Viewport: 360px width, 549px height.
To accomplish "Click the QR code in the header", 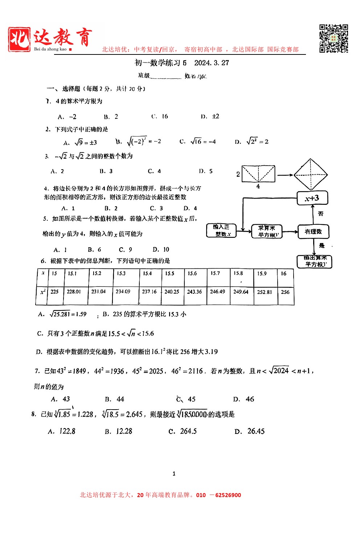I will pyautogui.click(x=334, y=38).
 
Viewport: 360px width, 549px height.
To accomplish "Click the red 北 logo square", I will pyautogui.click(x=19, y=39).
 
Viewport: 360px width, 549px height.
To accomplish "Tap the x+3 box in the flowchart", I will pyautogui.click(x=312, y=198).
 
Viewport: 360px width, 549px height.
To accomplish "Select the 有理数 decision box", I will pyautogui.click(x=313, y=232).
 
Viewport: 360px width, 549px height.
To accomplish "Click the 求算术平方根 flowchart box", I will pyautogui.click(x=266, y=231).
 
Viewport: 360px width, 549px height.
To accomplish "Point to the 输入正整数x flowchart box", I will pyautogui.click(x=221, y=231).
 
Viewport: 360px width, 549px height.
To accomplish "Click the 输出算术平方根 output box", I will pyautogui.click(x=314, y=261).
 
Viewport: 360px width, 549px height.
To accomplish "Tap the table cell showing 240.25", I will pyautogui.click(x=172, y=292).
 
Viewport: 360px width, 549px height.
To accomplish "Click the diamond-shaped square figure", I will pyautogui.click(x=311, y=175).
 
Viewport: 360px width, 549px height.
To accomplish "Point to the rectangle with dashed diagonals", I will pyautogui.click(x=258, y=174).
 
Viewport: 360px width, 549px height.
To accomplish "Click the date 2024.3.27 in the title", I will pyautogui.click(x=212, y=63).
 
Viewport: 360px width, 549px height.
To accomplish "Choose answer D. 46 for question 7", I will pyautogui.click(x=244, y=399).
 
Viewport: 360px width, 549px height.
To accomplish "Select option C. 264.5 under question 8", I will pyautogui.click(x=183, y=431).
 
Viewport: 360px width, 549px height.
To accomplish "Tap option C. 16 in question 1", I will pyautogui.click(x=160, y=117).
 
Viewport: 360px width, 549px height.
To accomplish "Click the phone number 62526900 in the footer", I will pyautogui.click(x=228, y=495).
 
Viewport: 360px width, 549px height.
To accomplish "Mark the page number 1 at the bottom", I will pyautogui.click(x=174, y=473).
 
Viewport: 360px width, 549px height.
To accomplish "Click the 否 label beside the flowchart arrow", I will pyautogui.click(x=320, y=214).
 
